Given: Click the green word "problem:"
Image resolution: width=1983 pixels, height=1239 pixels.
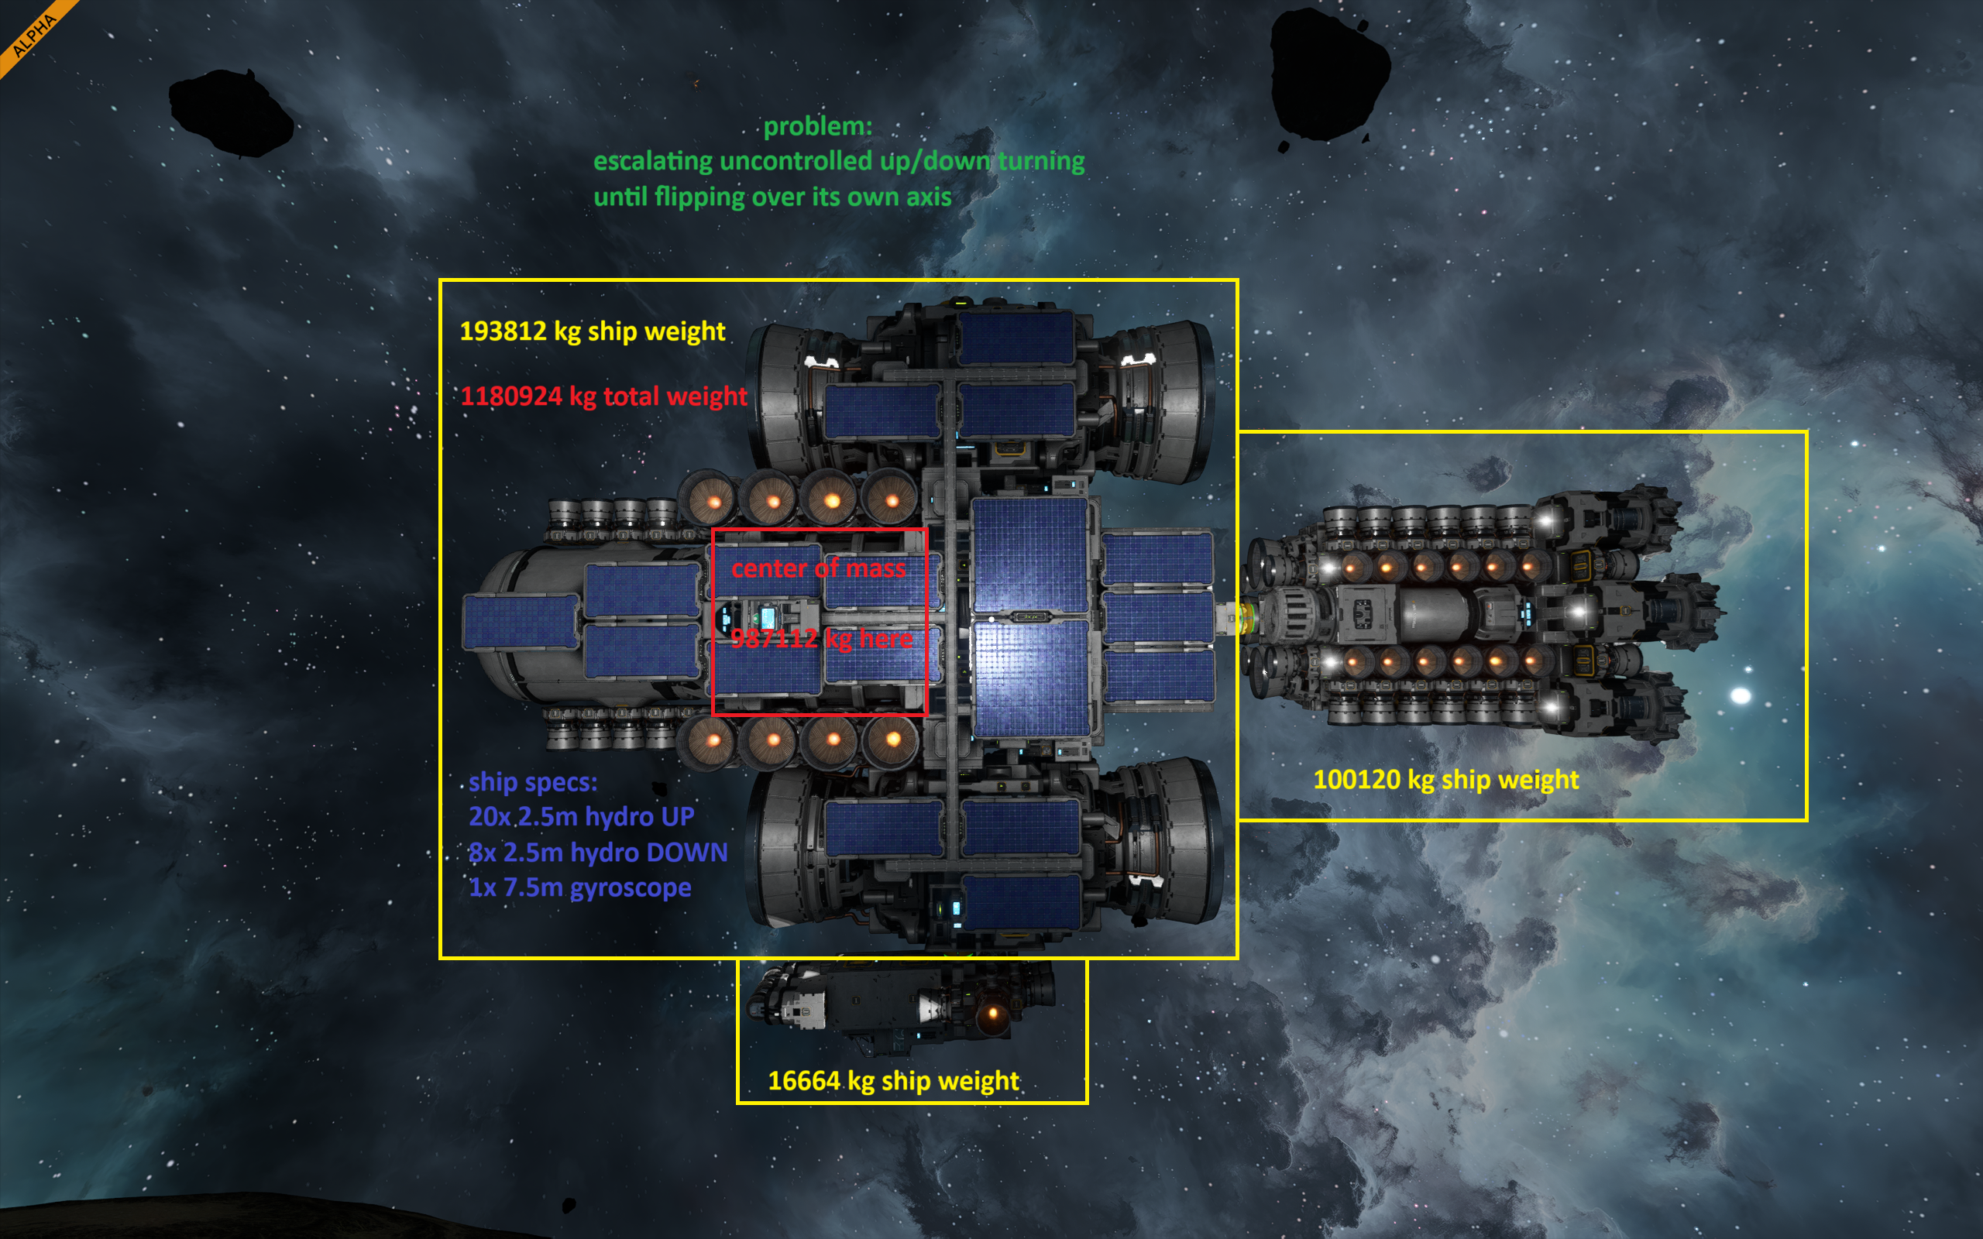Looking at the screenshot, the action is pos(818,127).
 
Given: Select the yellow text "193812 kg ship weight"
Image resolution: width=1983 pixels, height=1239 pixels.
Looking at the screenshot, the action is pos(593,331).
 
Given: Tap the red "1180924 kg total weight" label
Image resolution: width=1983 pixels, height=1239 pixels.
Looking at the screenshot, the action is pos(603,396).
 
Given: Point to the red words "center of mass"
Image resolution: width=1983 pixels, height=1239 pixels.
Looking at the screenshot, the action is pos(819,568).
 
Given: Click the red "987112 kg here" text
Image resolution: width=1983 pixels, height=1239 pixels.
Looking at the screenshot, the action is pos(822,638).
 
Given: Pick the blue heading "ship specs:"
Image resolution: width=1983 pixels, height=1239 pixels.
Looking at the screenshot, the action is pos(533,783).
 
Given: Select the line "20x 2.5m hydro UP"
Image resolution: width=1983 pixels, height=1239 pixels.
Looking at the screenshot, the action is pos(581,817).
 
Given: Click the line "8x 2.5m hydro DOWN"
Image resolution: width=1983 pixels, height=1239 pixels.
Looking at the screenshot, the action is pos(597,853).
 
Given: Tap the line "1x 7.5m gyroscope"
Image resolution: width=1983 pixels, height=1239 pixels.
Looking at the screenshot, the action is pos(579,888).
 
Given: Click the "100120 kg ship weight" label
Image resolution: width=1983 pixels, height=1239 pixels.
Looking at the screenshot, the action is pos(1445,780).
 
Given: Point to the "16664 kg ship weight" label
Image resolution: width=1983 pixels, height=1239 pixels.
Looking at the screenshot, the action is pos(893,1082).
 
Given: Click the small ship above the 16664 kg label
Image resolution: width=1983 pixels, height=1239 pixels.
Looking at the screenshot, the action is pos(899,1006).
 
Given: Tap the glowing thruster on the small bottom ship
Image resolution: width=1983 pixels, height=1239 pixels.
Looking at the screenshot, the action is pos(993,1014).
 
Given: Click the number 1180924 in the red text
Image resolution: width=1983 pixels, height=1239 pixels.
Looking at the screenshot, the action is pos(510,396).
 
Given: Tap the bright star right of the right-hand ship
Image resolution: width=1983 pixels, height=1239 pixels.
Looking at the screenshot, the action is pos(1741,695).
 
